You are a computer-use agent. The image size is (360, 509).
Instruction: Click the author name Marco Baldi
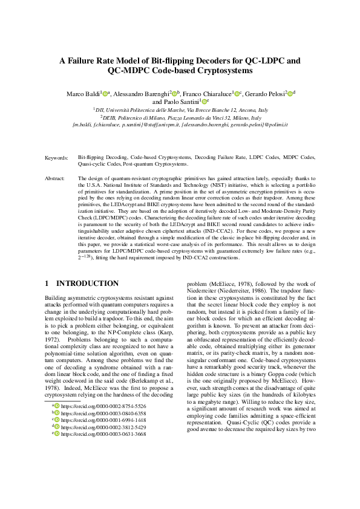click(x=83, y=94)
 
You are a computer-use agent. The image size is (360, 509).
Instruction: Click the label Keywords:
click(x=56, y=157)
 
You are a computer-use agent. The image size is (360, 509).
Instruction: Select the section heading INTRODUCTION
click(x=87, y=284)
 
